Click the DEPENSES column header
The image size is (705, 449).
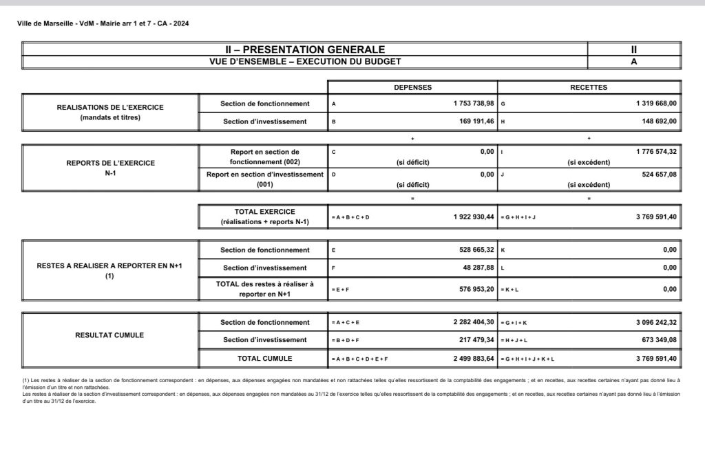412,88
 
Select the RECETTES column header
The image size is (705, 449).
589,88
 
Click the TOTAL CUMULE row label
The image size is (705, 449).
265,359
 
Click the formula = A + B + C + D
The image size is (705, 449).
350,217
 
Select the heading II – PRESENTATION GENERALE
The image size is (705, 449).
305,49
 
